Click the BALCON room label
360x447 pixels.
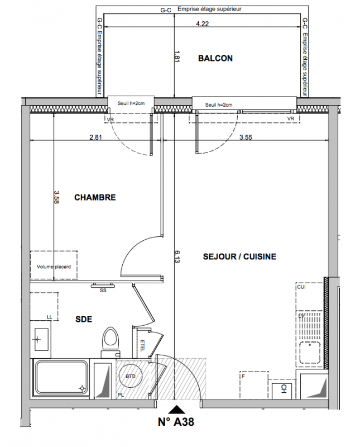coord(215,58)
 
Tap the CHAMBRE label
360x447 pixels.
coord(95,197)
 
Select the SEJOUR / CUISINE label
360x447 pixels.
coord(239,256)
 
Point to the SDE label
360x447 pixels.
coord(84,319)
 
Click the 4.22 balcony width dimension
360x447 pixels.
coord(202,23)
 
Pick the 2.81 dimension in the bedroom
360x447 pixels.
coord(95,137)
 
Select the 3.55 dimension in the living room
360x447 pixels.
coord(246,137)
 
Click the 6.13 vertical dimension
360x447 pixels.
coord(177,256)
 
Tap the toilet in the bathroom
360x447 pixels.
coord(111,341)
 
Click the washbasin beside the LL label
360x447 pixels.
coord(41,339)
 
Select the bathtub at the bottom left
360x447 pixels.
coord(61,378)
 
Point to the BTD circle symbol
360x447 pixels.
coord(130,375)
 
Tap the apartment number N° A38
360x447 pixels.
coord(176,422)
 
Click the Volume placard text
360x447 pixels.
coord(54,267)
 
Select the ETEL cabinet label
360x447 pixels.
coord(142,345)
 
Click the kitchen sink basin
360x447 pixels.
coord(310,352)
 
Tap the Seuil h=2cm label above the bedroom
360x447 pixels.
coord(131,103)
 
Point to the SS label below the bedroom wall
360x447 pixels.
coord(103,291)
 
